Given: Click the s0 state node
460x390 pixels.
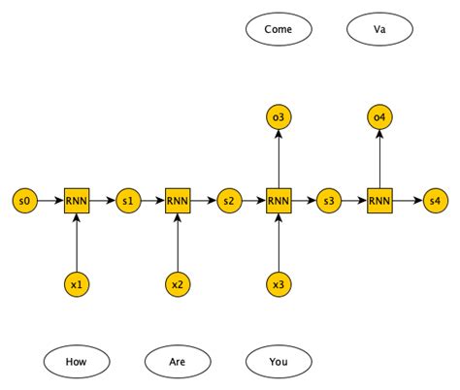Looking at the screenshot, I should coord(26,201).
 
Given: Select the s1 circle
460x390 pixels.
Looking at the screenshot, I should coord(127,201).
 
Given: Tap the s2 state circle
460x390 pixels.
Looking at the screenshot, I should coord(228,201).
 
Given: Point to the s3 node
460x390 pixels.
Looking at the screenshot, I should coord(329,201).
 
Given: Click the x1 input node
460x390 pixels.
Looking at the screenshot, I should coord(77,285).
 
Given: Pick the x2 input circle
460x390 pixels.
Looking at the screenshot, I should coord(178,285).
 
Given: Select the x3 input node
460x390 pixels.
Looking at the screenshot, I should coord(279,285).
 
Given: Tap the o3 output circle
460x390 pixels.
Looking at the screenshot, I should coord(279,117).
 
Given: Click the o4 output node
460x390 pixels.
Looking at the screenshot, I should coord(379,117).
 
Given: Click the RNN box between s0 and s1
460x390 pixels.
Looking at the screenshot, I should coord(77,201).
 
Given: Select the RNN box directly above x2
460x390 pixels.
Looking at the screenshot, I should coord(178,201).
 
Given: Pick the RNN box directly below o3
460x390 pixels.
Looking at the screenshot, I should coord(279,201).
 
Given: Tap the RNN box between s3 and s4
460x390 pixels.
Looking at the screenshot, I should coord(379,201).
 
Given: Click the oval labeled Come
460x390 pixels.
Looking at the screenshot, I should coord(279,29).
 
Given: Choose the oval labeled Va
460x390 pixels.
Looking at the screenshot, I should coord(379,29).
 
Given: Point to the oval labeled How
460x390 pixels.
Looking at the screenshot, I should coord(77,363).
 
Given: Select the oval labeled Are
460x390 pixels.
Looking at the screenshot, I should coord(178,363).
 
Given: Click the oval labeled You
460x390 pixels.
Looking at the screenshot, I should coord(279,363).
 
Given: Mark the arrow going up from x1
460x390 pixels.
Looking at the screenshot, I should coord(77,243).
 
